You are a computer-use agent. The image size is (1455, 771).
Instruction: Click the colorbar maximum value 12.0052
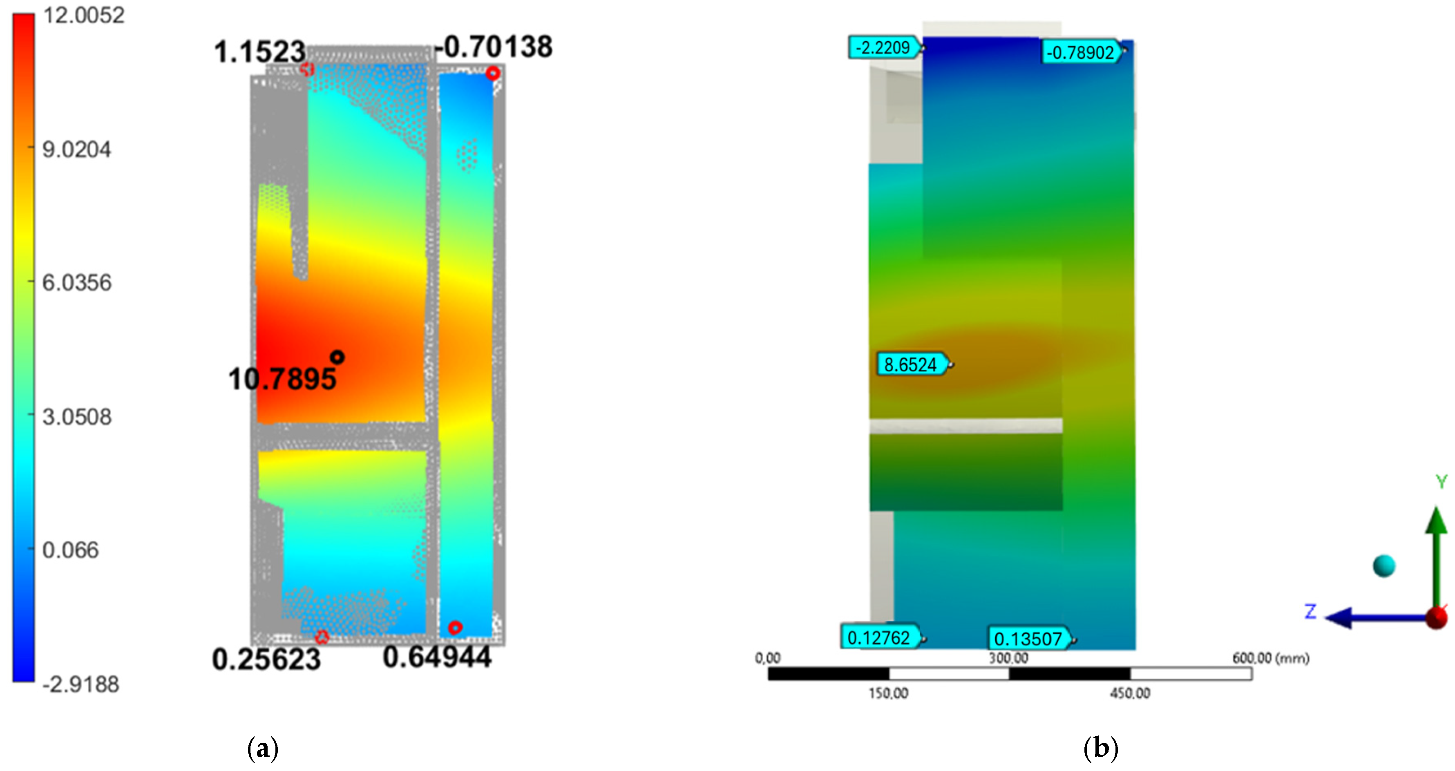click(84, 15)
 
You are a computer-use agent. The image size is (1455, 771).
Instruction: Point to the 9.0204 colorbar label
click(77, 150)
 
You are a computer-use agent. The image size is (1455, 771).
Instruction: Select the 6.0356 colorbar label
click(77, 282)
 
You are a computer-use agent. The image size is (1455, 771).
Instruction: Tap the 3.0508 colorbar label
click(77, 417)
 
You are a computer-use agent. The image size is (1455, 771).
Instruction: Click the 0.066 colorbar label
click(71, 550)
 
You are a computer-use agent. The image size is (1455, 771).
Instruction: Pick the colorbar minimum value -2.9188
click(81, 684)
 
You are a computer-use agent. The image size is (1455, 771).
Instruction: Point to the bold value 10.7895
click(282, 378)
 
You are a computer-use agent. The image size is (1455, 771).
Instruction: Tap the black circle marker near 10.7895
click(337, 357)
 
